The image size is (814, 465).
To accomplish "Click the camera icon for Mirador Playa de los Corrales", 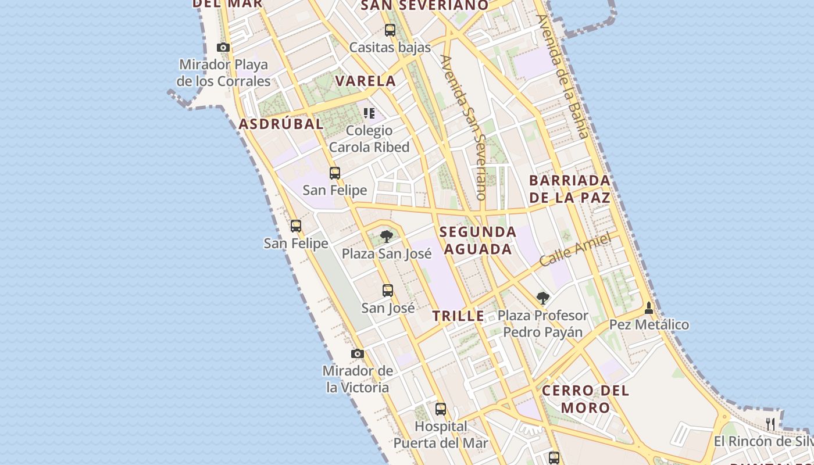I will [223, 47].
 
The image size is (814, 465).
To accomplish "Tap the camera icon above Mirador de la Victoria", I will [358, 353].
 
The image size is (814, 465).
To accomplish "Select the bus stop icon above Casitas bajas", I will [390, 30].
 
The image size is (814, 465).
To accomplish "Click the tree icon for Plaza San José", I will [386, 237].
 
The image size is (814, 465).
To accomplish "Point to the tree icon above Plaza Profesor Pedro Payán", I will [542, 299].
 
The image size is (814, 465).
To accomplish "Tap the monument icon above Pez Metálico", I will [649, 308].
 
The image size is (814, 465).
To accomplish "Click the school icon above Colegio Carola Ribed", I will [369, 113].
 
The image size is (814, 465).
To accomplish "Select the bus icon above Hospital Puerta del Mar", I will [441, 409].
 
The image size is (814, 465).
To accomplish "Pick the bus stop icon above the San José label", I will [388, 291].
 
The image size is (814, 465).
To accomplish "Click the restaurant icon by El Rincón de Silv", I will [770, 424].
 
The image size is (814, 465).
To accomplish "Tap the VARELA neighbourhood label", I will [366, 81].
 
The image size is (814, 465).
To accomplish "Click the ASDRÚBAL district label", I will [281, 124].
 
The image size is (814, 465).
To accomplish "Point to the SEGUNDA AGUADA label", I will [477, 240].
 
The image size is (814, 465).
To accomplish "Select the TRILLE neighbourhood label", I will [458, 316].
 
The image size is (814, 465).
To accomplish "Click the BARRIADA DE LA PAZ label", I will [570, 189].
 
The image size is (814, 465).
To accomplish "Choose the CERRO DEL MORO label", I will [585, 399].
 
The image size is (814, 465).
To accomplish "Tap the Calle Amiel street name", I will [575, 249].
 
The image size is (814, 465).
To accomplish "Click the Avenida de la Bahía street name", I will [563, 76].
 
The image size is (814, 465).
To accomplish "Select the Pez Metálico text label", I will [649, 325].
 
